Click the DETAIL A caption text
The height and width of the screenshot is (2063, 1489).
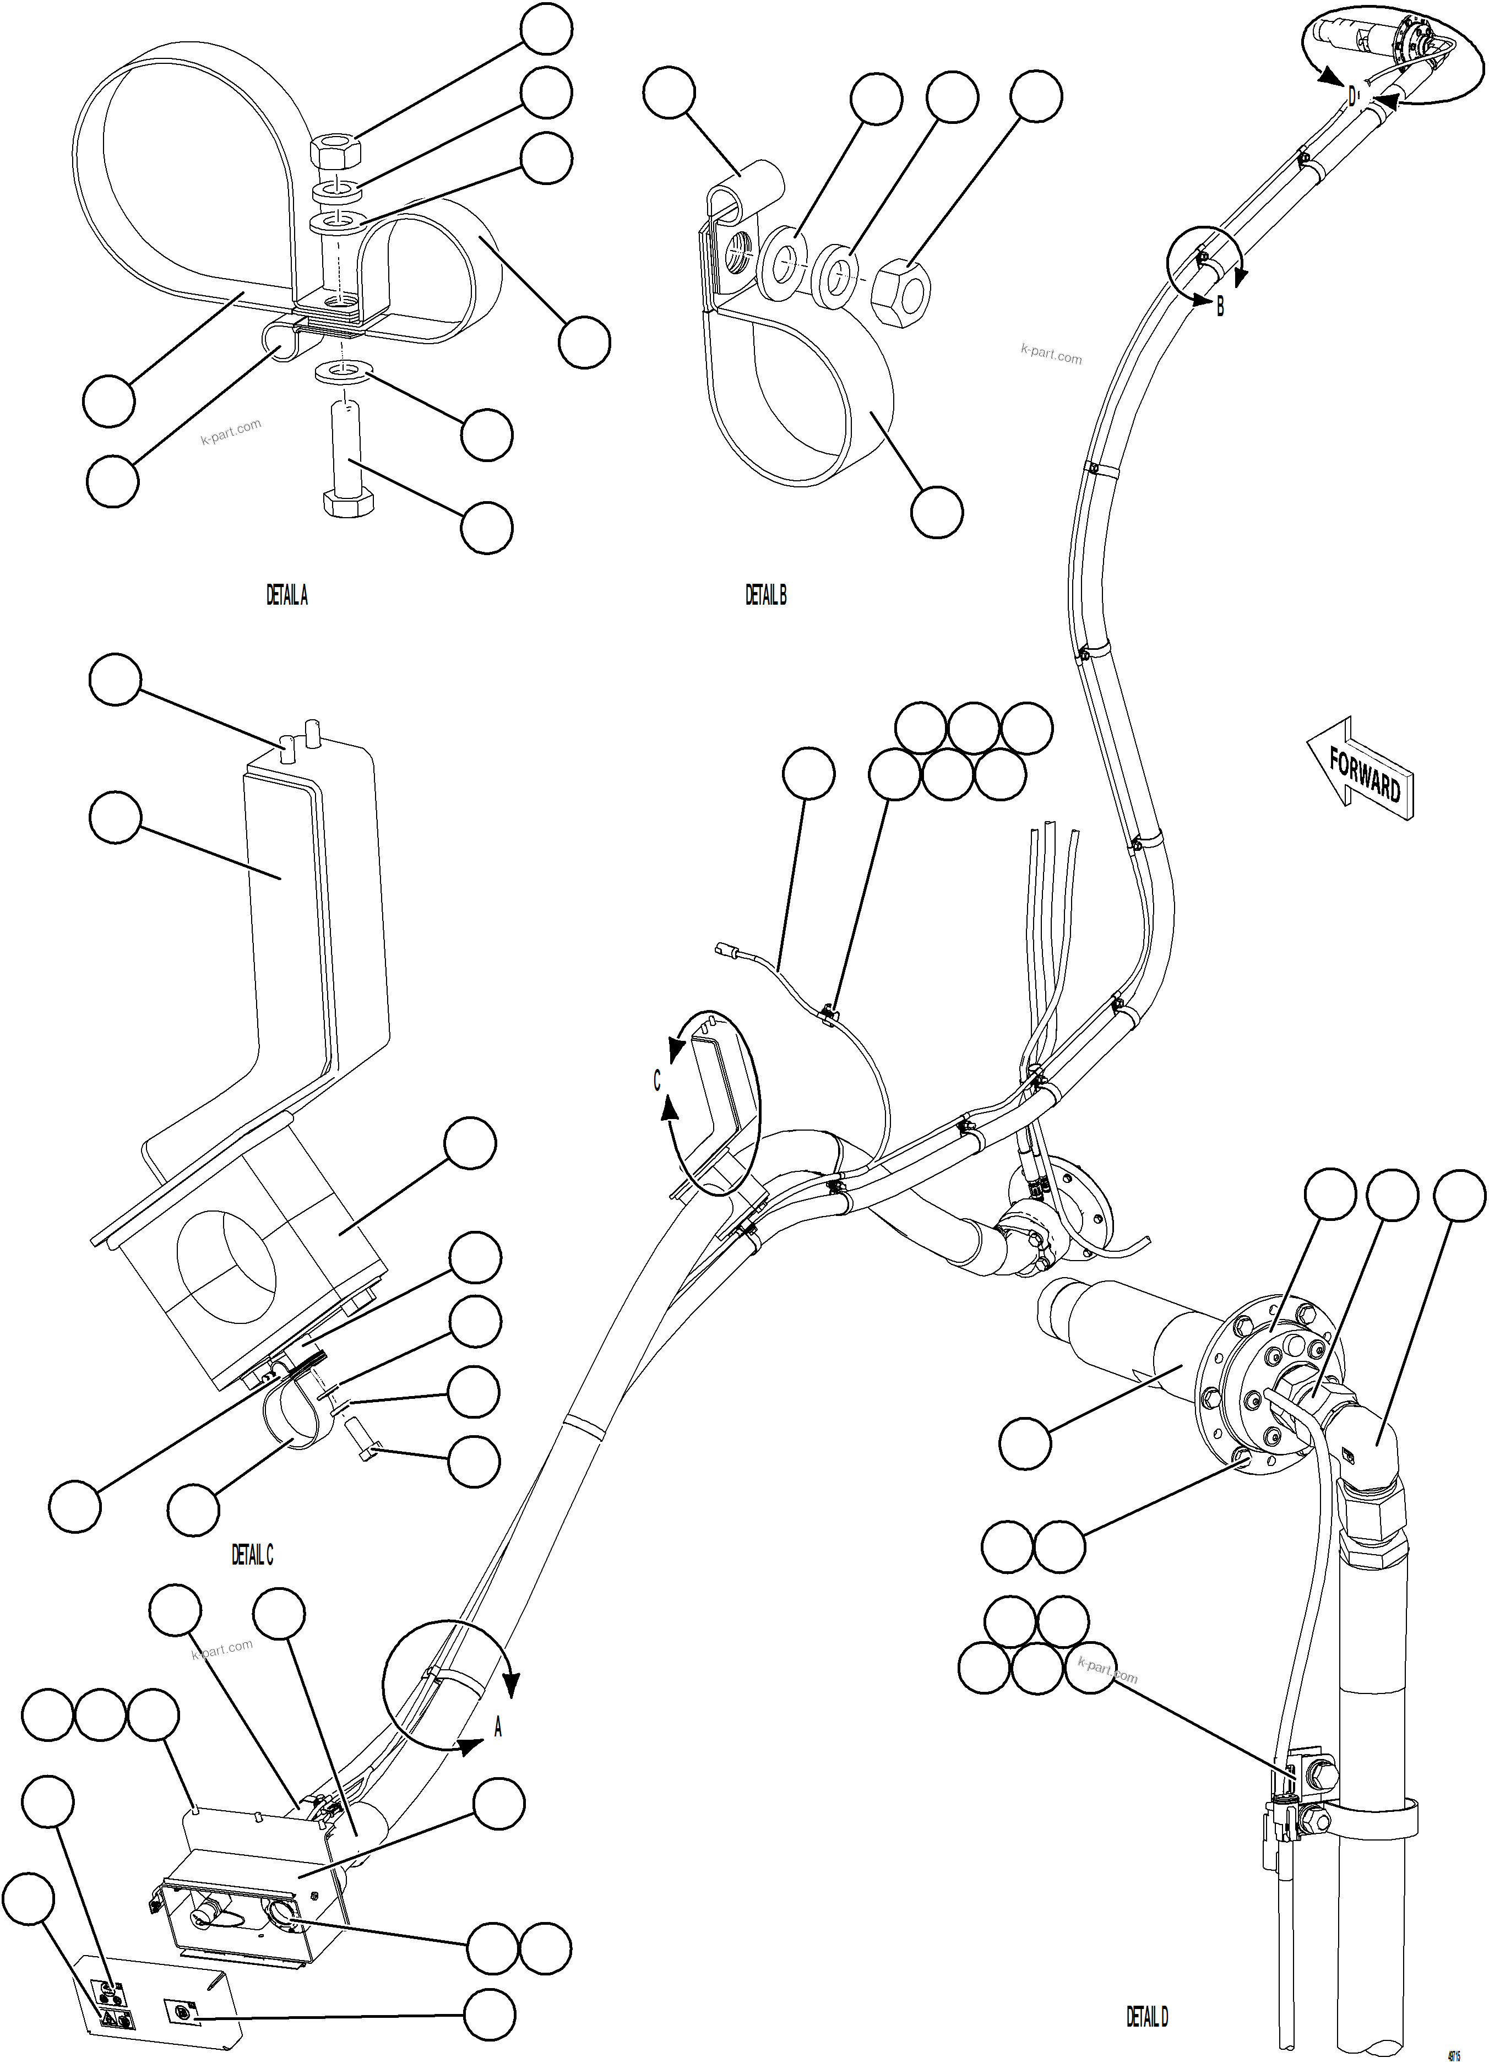click(x=286, y=596)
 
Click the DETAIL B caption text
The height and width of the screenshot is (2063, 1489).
click(x=765, y=596)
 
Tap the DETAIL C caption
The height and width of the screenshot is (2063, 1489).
click(x=252, y=1555)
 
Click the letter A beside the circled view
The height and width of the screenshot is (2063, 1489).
click(x=498, y=1728)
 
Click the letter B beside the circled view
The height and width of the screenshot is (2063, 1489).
click(x=1220, y=307)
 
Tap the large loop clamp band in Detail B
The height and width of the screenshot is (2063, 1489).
click(x=801, y=400)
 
